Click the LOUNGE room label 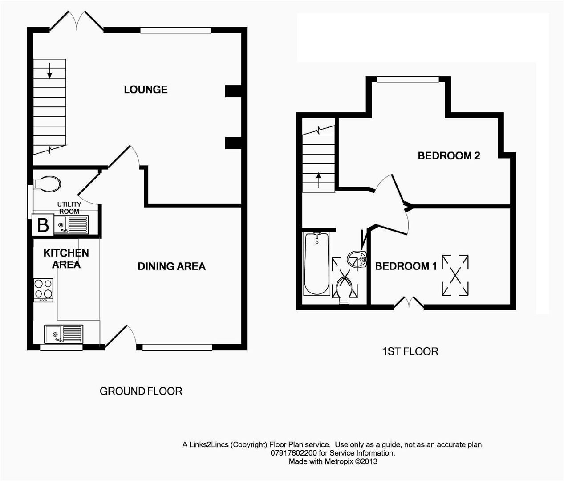coord(146,90)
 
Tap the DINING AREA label coord(171,266)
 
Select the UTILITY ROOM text coord(69,208)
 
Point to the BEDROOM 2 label coord(449,155)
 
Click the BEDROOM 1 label coord(406,266)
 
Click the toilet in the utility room coord(47,184)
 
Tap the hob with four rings coord(43,290)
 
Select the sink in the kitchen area coord(64,334)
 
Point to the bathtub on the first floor coord(317,264)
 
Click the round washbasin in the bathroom coord(357,259)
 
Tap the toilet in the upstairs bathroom coord(345,290)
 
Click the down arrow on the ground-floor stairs coord(49,71)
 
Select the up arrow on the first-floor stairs coord(318,180)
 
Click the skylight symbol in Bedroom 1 coord(455,275)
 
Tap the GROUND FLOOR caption coord(141,391)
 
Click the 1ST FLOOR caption coord(410,351)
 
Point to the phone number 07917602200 coord(294,453)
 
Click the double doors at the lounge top coord(77,22)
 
